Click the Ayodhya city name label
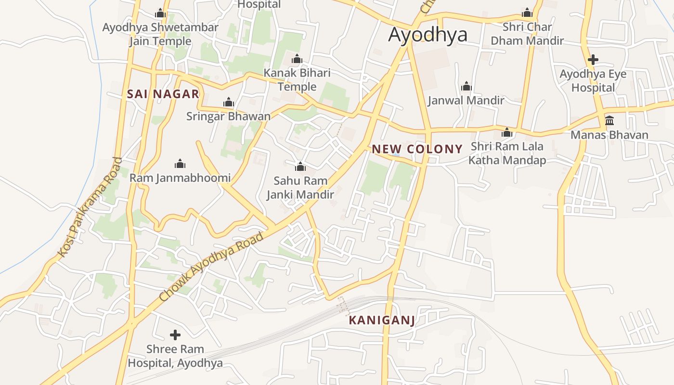pos(428,35)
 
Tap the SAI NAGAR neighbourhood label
pos(163,94)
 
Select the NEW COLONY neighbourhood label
pos(417,149)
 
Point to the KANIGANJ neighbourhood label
pos(381,320)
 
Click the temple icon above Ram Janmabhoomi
pos(180,164)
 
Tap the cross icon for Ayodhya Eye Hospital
pos(593,60)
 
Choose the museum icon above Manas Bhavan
pos(609,120)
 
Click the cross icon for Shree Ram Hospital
pos(175,334)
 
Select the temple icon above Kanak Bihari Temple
pos(297,59)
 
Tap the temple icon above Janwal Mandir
pos(466,87)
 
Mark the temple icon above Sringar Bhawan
pos(229,102)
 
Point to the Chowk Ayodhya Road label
pos(212,267)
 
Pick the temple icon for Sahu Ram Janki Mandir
pos(300,167)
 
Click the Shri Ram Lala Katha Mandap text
pos(507,153)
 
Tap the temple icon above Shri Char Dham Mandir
pos(527,13)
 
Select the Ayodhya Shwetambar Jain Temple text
pos(160,34)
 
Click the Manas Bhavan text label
pos(609,135)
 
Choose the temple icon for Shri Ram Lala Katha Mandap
pos(507,132)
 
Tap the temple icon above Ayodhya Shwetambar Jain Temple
pos(160,13)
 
